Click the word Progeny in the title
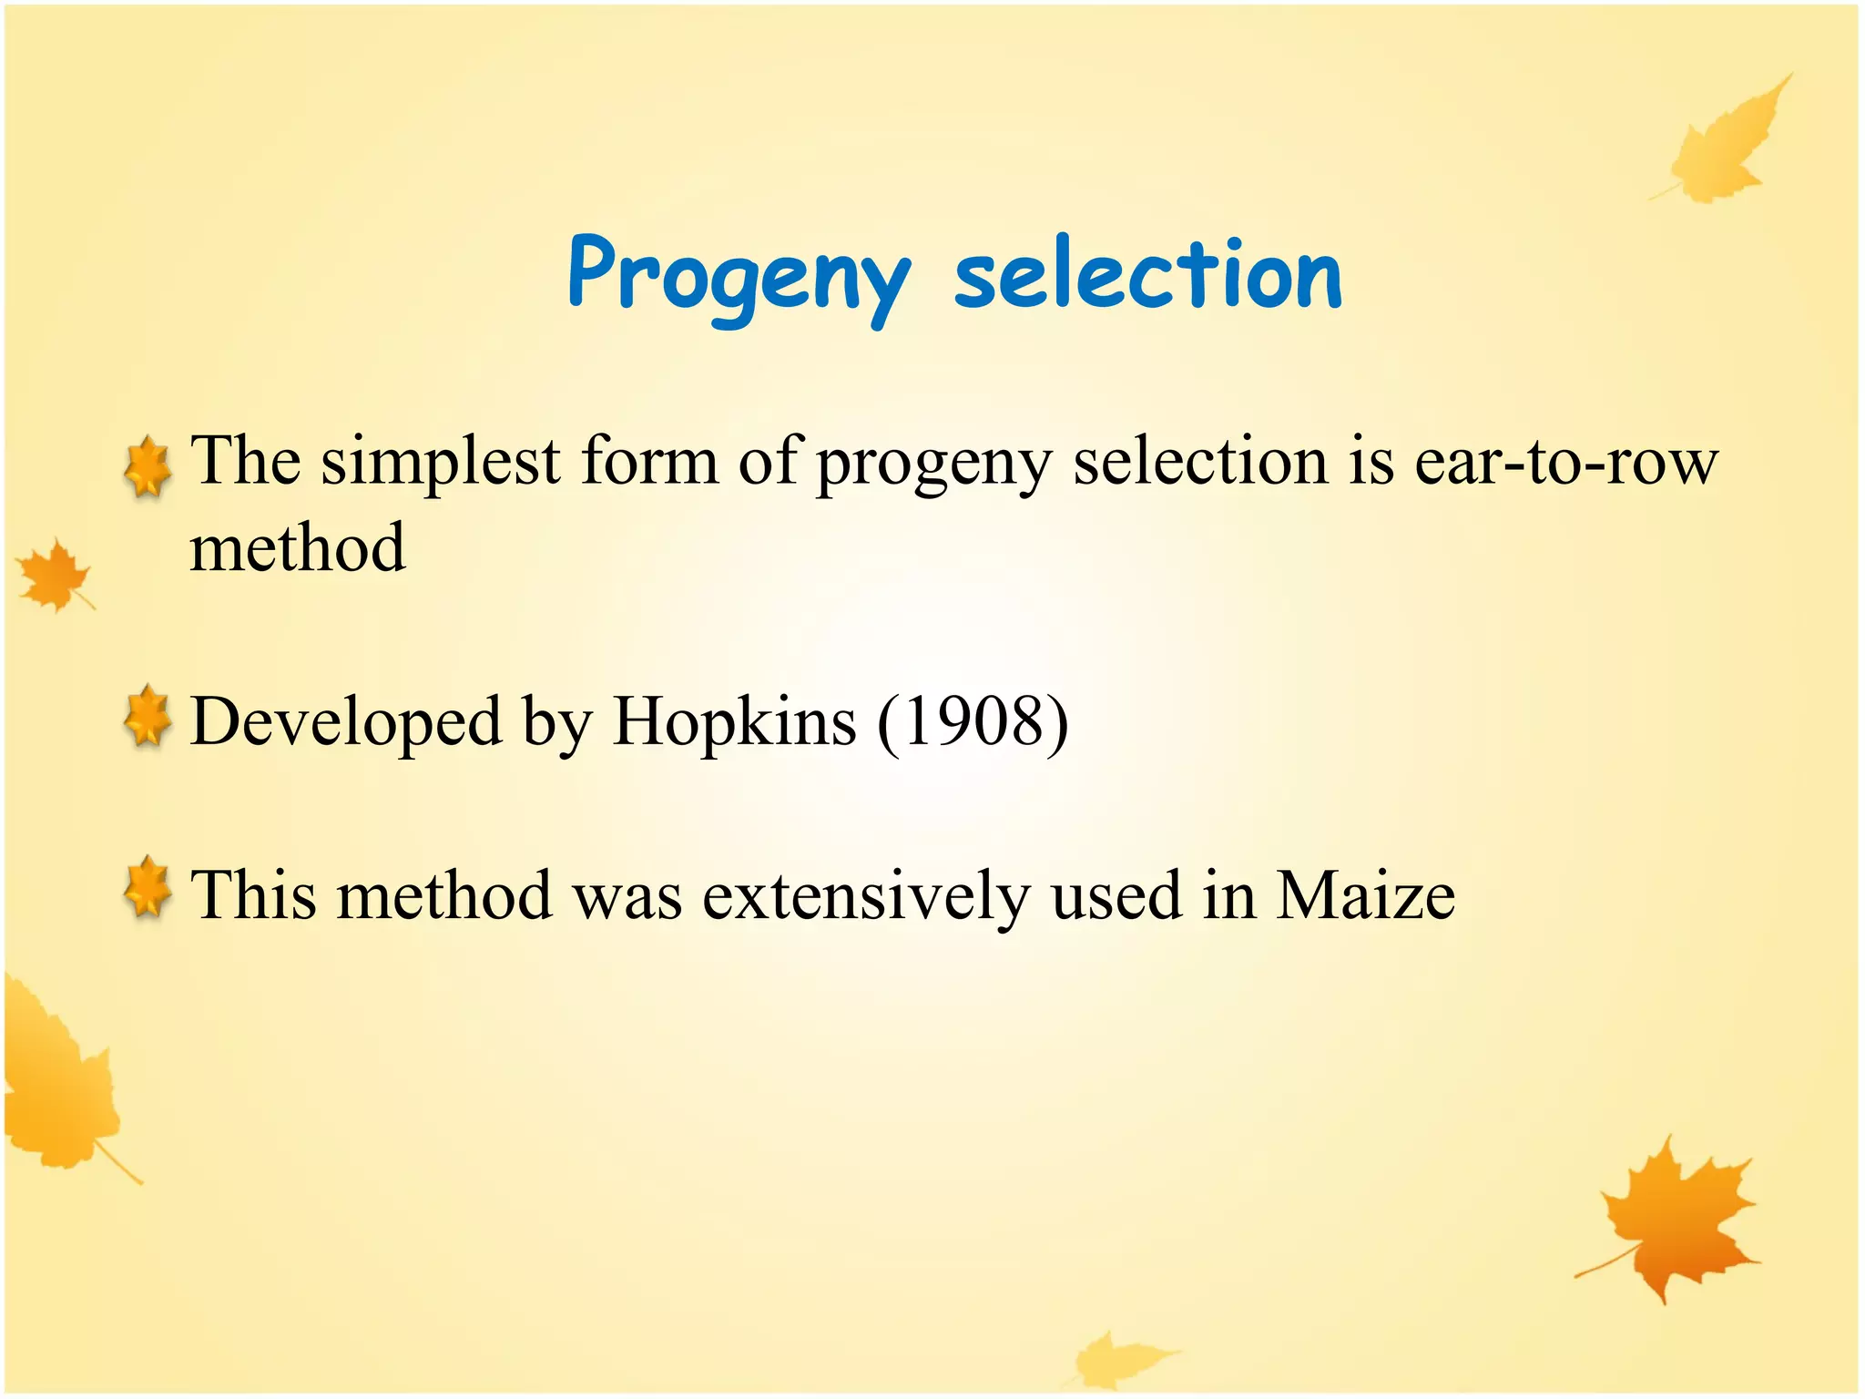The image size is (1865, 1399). [738, 276]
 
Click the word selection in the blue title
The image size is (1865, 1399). [1147, 273]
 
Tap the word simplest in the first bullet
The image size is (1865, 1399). [441, 461]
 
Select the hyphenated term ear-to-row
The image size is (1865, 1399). [1565, 461]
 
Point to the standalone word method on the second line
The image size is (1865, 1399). [297, 548]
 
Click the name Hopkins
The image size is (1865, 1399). [734, 721]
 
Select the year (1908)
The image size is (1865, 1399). [973, 721]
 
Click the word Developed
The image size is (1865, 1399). [346, 721]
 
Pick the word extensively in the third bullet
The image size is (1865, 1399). [865, 894]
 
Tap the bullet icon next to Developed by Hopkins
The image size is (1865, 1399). [148, 719]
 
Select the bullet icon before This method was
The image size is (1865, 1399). [148, 888]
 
